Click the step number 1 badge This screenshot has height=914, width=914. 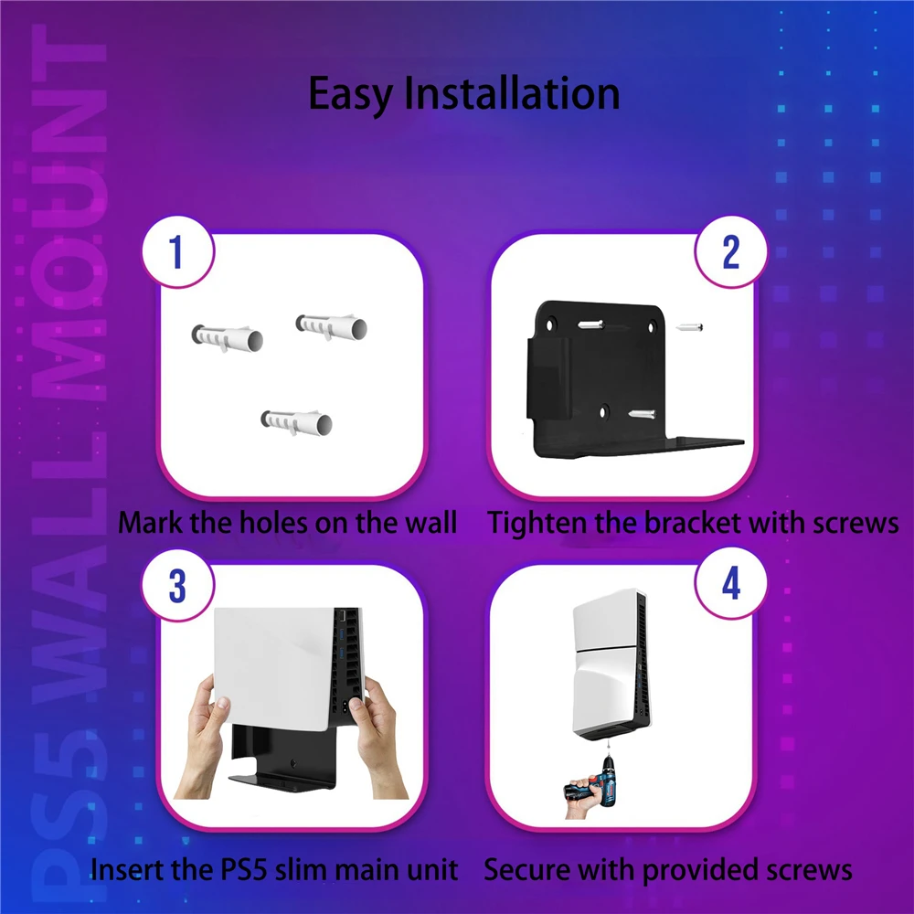(178, 252)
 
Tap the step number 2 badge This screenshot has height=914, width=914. (731, 252)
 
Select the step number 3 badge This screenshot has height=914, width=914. (178, 585)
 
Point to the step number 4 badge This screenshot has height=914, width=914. (731, 583)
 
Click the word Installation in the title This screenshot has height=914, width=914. (512, 93)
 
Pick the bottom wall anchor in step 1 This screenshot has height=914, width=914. (296, 422)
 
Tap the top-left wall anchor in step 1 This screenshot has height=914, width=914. (228, 339)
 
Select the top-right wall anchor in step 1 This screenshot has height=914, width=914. (331, 327)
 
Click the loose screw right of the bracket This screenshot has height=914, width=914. (689, 327)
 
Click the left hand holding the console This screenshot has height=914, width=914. (201, 738)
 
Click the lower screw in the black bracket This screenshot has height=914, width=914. (642, 414)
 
